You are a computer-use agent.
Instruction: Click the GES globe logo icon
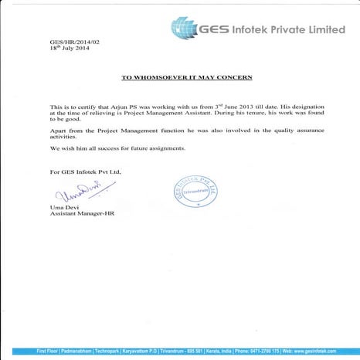pyautogui.click(x=185, y=29)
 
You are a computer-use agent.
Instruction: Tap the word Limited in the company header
pyautogui.click(x=320, y=29)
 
